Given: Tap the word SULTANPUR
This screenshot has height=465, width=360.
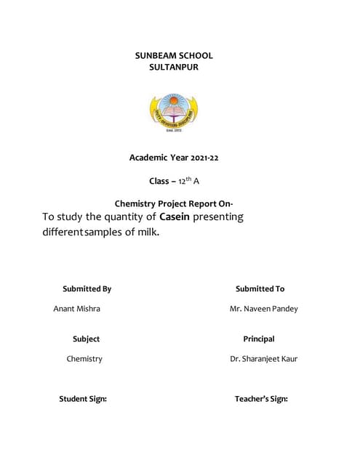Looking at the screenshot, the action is [173, 68].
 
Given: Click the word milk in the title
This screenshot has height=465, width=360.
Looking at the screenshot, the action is [143, 233].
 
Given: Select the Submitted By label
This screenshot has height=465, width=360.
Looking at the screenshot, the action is [87, 289].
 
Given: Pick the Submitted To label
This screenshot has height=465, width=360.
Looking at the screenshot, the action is [260, 289].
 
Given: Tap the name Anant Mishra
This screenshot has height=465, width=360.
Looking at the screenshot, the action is [77, 309].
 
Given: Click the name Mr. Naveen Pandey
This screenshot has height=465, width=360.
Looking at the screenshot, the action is [263, 309].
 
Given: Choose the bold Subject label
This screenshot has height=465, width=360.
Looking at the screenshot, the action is [86, 339].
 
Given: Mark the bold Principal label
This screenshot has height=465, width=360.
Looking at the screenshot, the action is [258, 339].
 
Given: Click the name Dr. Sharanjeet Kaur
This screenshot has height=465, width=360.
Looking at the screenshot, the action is [263, 359].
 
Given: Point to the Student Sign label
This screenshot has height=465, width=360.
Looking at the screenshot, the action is [83, 399].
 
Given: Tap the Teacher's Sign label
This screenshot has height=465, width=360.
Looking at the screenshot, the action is [261, 399].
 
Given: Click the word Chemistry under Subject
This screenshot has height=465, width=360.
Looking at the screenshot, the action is [84, 359].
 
